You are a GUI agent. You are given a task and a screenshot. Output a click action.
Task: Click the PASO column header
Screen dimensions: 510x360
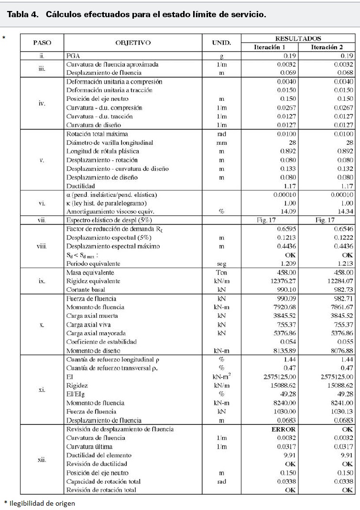[42, 43]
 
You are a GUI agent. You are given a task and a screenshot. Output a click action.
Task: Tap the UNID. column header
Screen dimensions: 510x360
[221, 43]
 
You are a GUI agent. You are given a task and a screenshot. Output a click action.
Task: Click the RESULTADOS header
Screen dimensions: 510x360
[298, 38]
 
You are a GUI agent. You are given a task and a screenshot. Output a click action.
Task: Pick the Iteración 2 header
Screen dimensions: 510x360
[327, 47]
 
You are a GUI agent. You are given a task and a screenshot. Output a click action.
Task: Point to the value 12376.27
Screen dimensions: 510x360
[284, 281]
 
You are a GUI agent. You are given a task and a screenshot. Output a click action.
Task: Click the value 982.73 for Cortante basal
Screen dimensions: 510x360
[342, 290]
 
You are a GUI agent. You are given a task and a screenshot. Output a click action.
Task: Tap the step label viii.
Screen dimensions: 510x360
[42, 246]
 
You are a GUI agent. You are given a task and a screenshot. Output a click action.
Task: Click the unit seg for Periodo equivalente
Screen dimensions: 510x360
[221, 263]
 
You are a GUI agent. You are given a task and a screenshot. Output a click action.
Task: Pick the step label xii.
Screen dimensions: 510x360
[42, 459]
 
